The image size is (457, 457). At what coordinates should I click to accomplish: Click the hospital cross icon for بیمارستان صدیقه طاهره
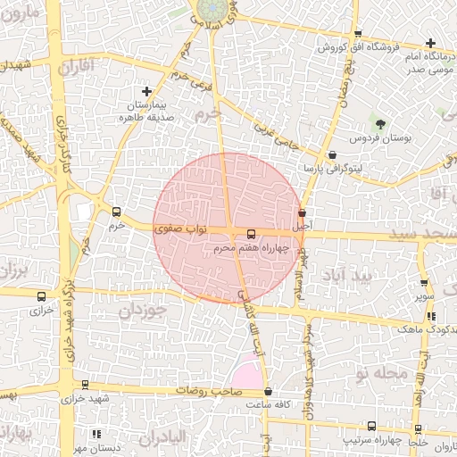147,91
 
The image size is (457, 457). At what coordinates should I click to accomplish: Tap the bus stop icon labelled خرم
116,212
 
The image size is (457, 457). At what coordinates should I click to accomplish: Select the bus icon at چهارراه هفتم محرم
237,234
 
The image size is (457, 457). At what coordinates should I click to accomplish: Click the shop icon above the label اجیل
302,213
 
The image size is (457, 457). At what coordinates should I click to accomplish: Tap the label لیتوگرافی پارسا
334,168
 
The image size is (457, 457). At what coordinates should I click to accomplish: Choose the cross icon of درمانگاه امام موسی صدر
431,43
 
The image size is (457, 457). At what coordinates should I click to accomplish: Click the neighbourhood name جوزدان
144,311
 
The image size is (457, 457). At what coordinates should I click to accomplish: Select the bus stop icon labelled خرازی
41,297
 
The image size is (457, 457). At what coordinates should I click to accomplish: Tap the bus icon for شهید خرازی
85,385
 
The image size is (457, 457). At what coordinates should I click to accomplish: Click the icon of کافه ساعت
269,392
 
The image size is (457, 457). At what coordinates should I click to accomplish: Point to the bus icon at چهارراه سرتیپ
371,427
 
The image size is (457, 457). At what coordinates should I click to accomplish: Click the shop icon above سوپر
423,282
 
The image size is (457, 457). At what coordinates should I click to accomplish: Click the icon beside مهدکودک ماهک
431,316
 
